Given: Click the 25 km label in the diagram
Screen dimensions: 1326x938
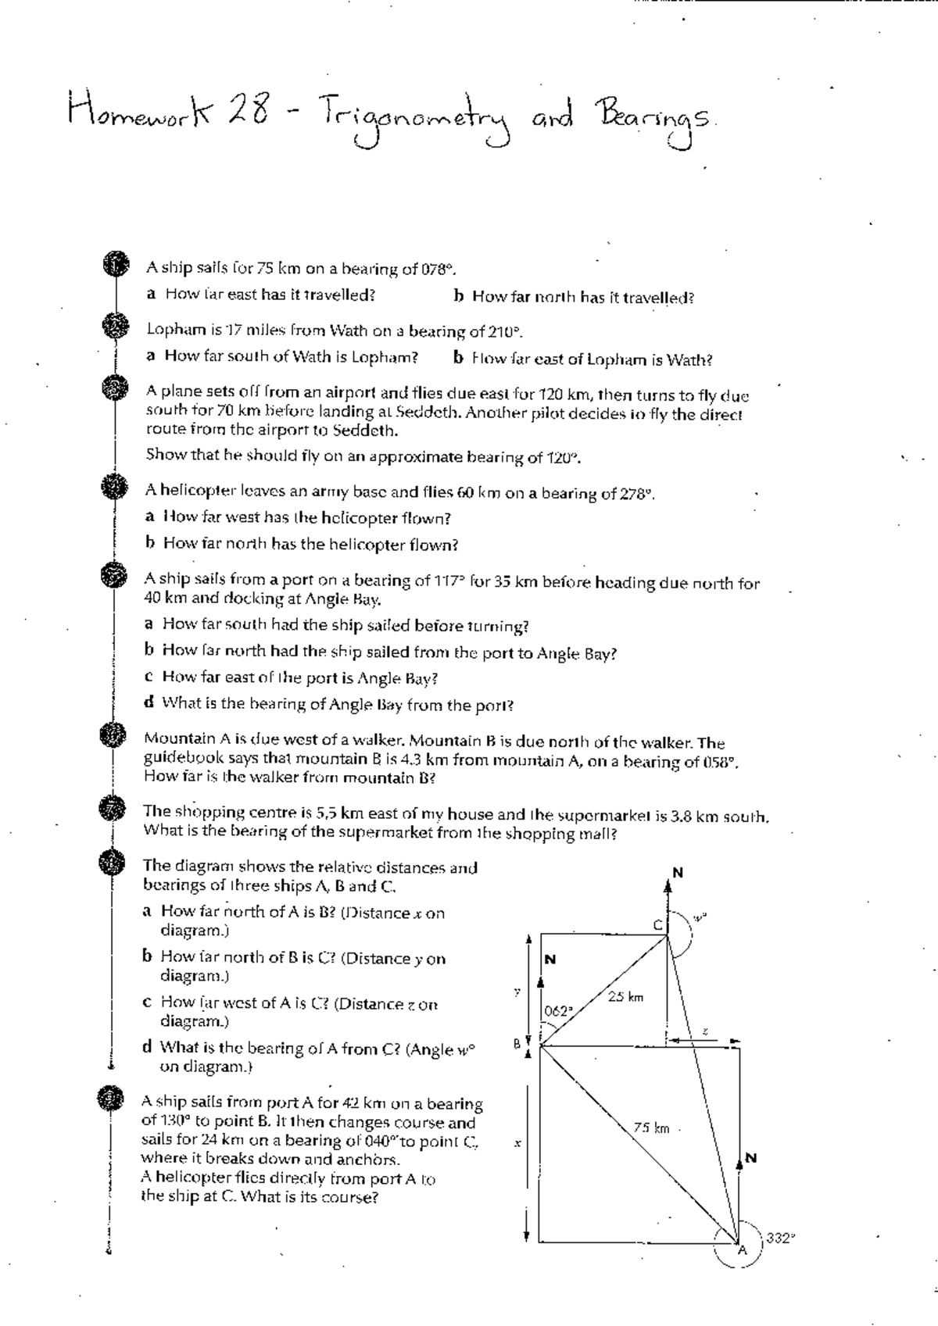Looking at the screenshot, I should (x=625, y=996).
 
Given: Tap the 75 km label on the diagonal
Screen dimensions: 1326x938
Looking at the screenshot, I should (x=651, y=1128).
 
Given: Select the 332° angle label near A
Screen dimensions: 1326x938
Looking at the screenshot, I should (x=780, y=1238).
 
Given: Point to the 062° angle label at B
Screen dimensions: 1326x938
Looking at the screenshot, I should (x=559, y=1010).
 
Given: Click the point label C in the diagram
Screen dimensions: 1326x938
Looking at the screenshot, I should (x=657, y=924).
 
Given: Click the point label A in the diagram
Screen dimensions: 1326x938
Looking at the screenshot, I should (x=743, y=1250).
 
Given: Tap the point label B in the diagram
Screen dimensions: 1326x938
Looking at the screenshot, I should (x=516, y=1043).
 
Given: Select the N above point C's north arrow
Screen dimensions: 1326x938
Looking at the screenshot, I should (x=678, y=872).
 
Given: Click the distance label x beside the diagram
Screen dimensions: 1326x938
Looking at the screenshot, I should (x=517, y=1143).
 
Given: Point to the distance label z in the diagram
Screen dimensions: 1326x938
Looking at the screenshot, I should (x=704, y=1031).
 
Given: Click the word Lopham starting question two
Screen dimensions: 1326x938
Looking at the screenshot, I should (x=171, y=329).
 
